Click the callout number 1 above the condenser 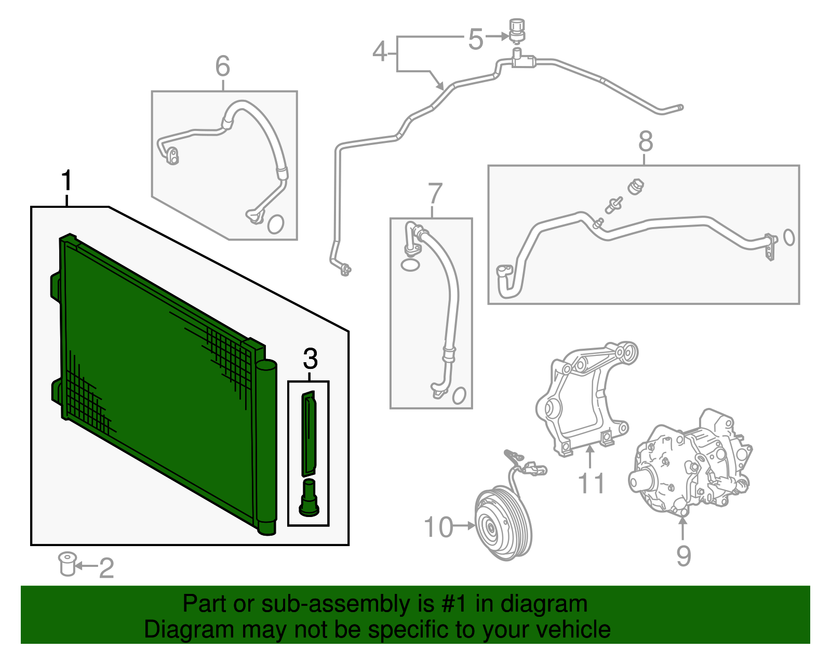66,181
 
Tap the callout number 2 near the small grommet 106,568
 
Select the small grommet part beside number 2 67,564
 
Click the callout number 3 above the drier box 310,359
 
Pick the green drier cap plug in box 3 309,499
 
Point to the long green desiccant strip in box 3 309,434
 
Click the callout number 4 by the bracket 380,52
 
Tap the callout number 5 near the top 475,39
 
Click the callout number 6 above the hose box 222,67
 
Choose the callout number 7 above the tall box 435,194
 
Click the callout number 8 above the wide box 645,141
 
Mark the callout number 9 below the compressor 683,555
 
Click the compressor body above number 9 691,462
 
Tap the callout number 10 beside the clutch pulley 439,527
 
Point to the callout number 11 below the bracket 591,483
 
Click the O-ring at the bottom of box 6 276,224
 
